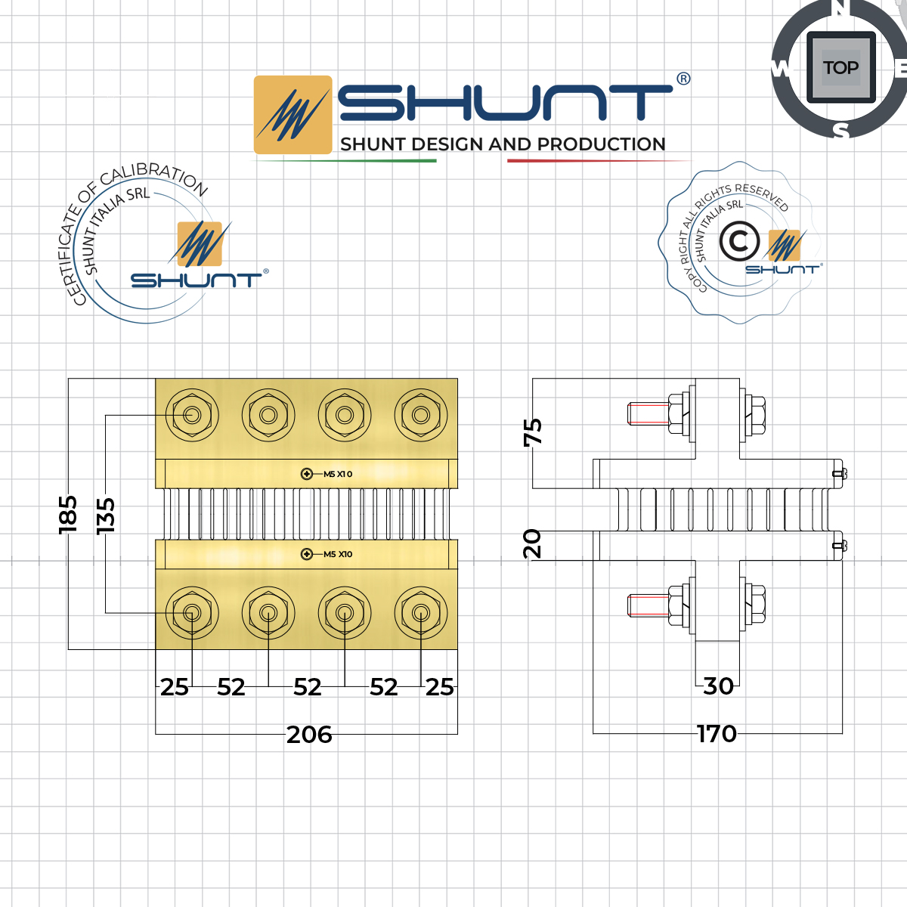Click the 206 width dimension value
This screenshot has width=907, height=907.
309,735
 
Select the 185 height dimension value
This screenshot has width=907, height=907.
68,514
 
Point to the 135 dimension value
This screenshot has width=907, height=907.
106,515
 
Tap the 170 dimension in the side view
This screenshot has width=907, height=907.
717,734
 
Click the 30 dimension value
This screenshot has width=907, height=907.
718,686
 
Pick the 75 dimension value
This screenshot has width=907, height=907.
533,432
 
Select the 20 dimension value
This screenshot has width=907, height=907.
533,543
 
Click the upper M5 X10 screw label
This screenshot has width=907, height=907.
338,474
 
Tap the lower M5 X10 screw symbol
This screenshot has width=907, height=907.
307,554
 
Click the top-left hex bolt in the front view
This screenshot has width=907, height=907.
192,415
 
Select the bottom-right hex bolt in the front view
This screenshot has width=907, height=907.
421,613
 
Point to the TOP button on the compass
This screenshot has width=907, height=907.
840,67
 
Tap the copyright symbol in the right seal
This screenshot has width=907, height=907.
738,242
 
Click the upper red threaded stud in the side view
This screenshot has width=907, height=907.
648,413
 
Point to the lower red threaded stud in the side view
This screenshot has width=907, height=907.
648,605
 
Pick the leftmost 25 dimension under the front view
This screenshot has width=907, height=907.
174,687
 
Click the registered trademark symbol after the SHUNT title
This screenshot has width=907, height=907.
683,79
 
